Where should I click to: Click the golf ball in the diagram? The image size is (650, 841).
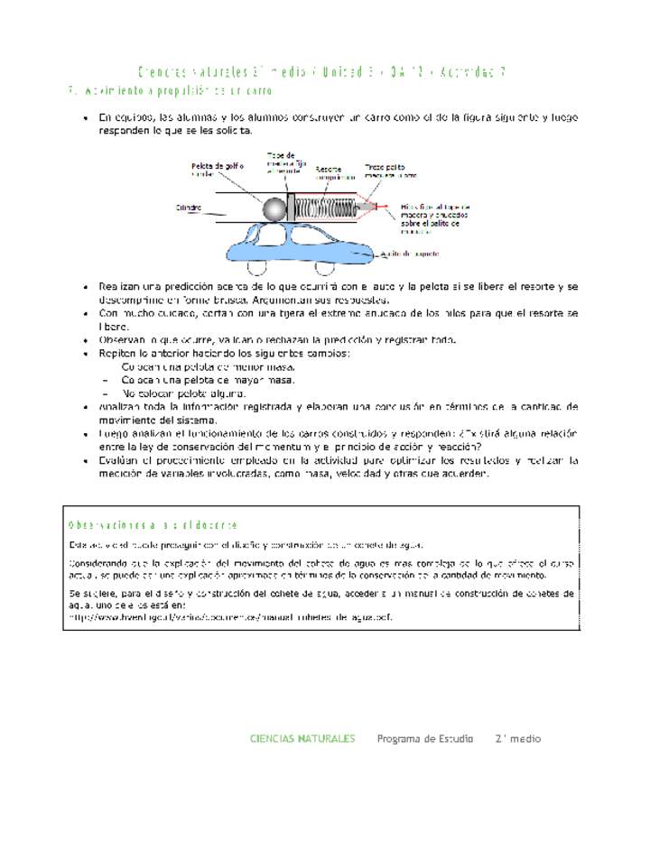click(274, 209)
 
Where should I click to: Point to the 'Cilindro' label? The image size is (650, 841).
click(189, 208)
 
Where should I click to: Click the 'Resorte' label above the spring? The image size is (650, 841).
click(329, 169)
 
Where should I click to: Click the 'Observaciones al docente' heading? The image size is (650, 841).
click(153, 525)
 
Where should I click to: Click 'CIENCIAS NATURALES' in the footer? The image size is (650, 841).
click(302, 738)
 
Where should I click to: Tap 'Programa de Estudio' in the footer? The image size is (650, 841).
click(424, 738)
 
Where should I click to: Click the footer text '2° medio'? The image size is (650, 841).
click(517, 738)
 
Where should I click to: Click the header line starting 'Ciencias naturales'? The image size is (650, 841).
click(320, 71)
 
